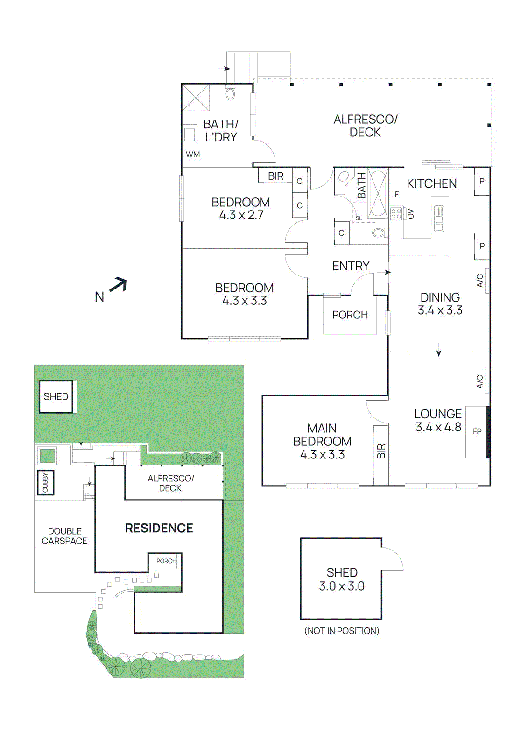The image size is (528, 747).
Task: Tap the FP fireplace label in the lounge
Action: (477, 431)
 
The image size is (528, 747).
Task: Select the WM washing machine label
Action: (193, 155)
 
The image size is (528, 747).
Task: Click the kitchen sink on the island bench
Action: (439, 218)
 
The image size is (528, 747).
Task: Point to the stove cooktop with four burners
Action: (396, 214)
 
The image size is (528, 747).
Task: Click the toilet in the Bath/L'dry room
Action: (230, 93)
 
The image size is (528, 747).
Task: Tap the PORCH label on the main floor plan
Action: (350, 315)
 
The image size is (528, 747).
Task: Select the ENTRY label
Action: (351, 266)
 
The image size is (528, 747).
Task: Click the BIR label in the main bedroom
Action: (381, 451)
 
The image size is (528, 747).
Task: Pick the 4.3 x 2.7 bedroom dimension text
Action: (241, 215)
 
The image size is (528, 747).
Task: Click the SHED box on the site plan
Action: (56, 397)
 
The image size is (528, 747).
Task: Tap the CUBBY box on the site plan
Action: (45, 482)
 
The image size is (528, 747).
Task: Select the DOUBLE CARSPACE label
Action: (64, 536)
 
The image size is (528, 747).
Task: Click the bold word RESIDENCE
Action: (159, 528)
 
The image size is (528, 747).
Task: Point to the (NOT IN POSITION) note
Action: (342, 631)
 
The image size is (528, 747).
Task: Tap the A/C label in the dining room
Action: (480, 281)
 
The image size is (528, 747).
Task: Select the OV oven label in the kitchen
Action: (411, 214)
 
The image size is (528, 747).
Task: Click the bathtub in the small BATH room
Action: (378, 193)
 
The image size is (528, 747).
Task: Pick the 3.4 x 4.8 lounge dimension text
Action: (438, 427)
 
